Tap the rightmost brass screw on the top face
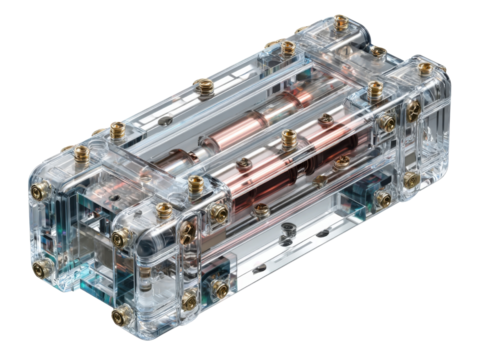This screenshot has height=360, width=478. click(425, 70)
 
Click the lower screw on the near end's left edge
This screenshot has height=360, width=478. click(42, 268)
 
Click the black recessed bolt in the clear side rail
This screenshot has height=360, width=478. click(285, 232)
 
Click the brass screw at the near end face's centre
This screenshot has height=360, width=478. click(120, 238)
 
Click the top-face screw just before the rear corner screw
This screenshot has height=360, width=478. click(288, 46)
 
